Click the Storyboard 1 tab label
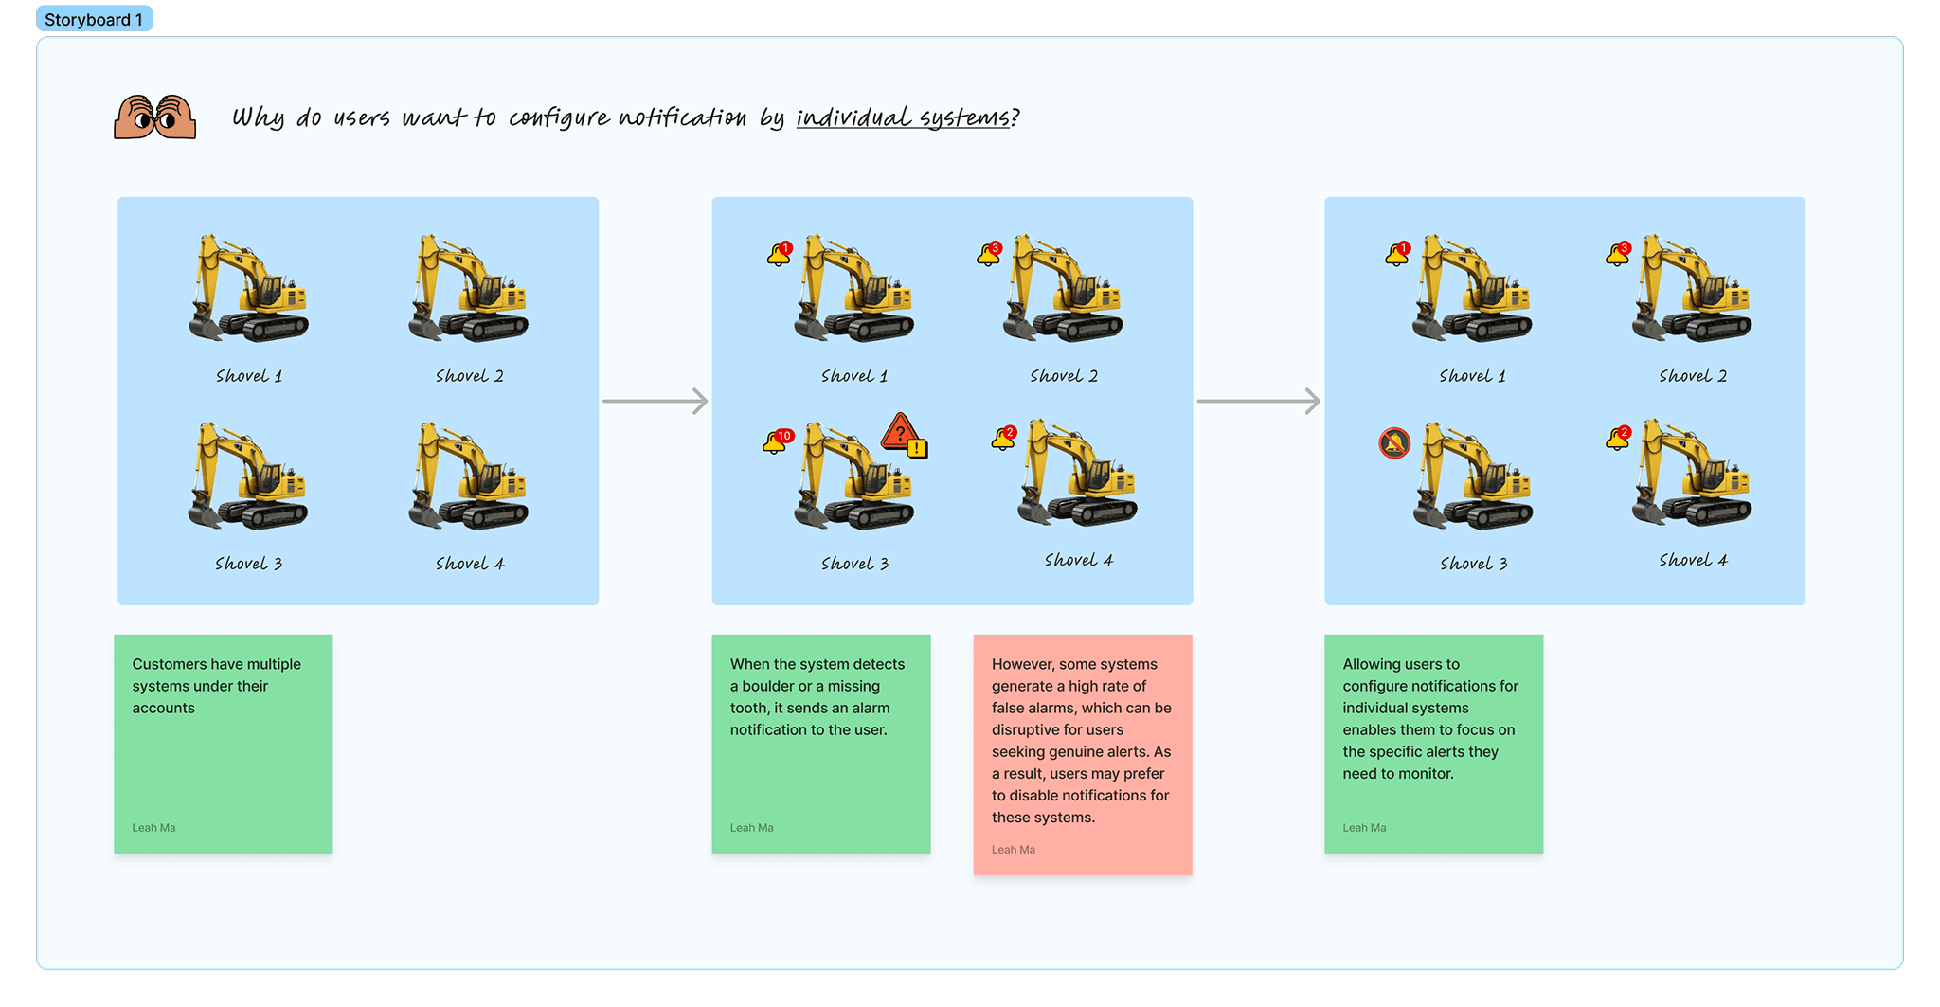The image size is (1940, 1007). pyautogui.click(x=94, y=20)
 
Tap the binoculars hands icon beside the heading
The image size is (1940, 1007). pyautogui.click(x=154, y=117)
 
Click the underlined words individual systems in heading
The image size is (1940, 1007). pyautogui.click(x=903, y=117)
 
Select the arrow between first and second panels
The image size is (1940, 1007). pyautogui.click(x=656, y=401)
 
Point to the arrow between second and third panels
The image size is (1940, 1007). pyautogui.click(x=1259, y=401)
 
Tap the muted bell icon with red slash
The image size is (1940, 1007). pyautogui.click(x=1394, y=442)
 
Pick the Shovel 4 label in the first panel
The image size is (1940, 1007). pyautogui.click(x=470, y=564)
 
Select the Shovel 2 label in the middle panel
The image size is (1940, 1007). pyautogui.click(x=1064, y=376)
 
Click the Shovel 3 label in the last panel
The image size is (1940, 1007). pyautogui.click(x=1473, y=564)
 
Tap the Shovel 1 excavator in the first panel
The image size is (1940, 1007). pyautogui.click(x=249, y=289)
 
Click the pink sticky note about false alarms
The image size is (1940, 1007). pyautogui.click(x=1082, y=753)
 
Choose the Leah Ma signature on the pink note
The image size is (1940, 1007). pyautogui.click(x=1013, y=850)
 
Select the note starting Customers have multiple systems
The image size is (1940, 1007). pyautogui.click(x=223, y=744)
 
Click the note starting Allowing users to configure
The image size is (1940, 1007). pyautogui.click(x=1433, y=744)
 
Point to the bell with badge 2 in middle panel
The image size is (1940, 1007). pyautogui.click(x=1003, y=439)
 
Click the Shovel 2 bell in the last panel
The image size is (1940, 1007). pyautogui.click(x=1618, y=254)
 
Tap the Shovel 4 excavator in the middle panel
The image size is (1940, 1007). pyautogui.click(x=1077, y=474)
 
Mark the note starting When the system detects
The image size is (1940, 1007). pyautogui.click(x=820, y=744)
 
